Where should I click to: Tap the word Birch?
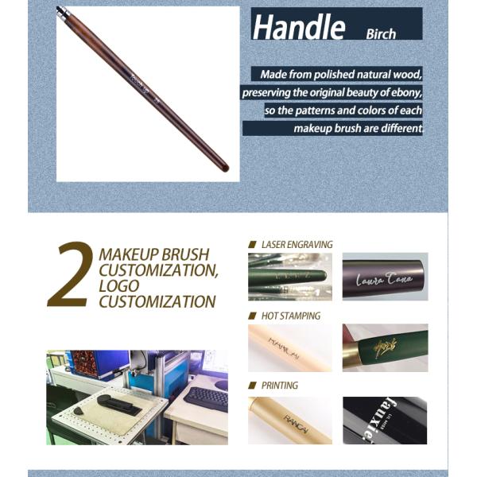pyautogui.click(x=381, y=34)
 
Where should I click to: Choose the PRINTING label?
pyautogui.click(x=279, y=386)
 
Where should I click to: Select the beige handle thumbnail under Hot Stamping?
pyautogui.click(x=289, y=347)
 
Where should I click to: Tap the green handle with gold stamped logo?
pyautogui.click(x=385, y=347)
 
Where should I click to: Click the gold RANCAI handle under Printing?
pyautogui.click(x=289, y=420)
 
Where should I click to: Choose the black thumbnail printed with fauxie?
pyautogui.click(x=385, y=420)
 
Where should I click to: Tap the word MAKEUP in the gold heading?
pyautogui.click(x=127, y=254)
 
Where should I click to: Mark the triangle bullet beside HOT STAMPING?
pyautogui.click(x=252, y=316)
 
